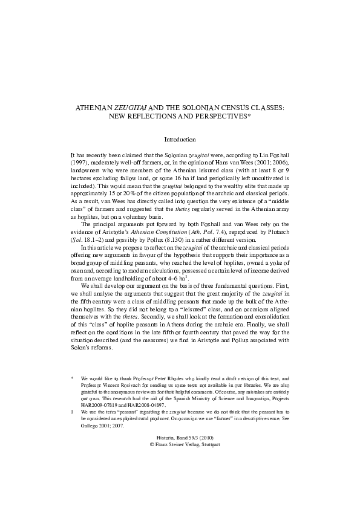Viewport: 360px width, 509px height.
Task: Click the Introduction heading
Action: tap(180, 140)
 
